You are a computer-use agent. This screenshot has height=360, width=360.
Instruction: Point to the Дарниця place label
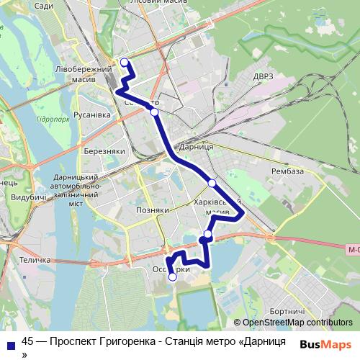[197, 146]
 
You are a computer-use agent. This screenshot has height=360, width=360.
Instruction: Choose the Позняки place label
[152, 210]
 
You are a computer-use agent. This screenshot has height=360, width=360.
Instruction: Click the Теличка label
[35, 260]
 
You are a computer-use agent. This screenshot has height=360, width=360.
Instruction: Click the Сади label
[43, 6]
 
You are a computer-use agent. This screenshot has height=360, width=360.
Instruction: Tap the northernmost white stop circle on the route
[124, 62]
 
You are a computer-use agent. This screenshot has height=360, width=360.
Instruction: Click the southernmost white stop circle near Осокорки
[172, 276]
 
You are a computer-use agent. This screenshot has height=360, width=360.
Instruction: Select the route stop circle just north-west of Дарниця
[154, 112]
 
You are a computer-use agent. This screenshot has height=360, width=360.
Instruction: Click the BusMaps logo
[325, 344]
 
